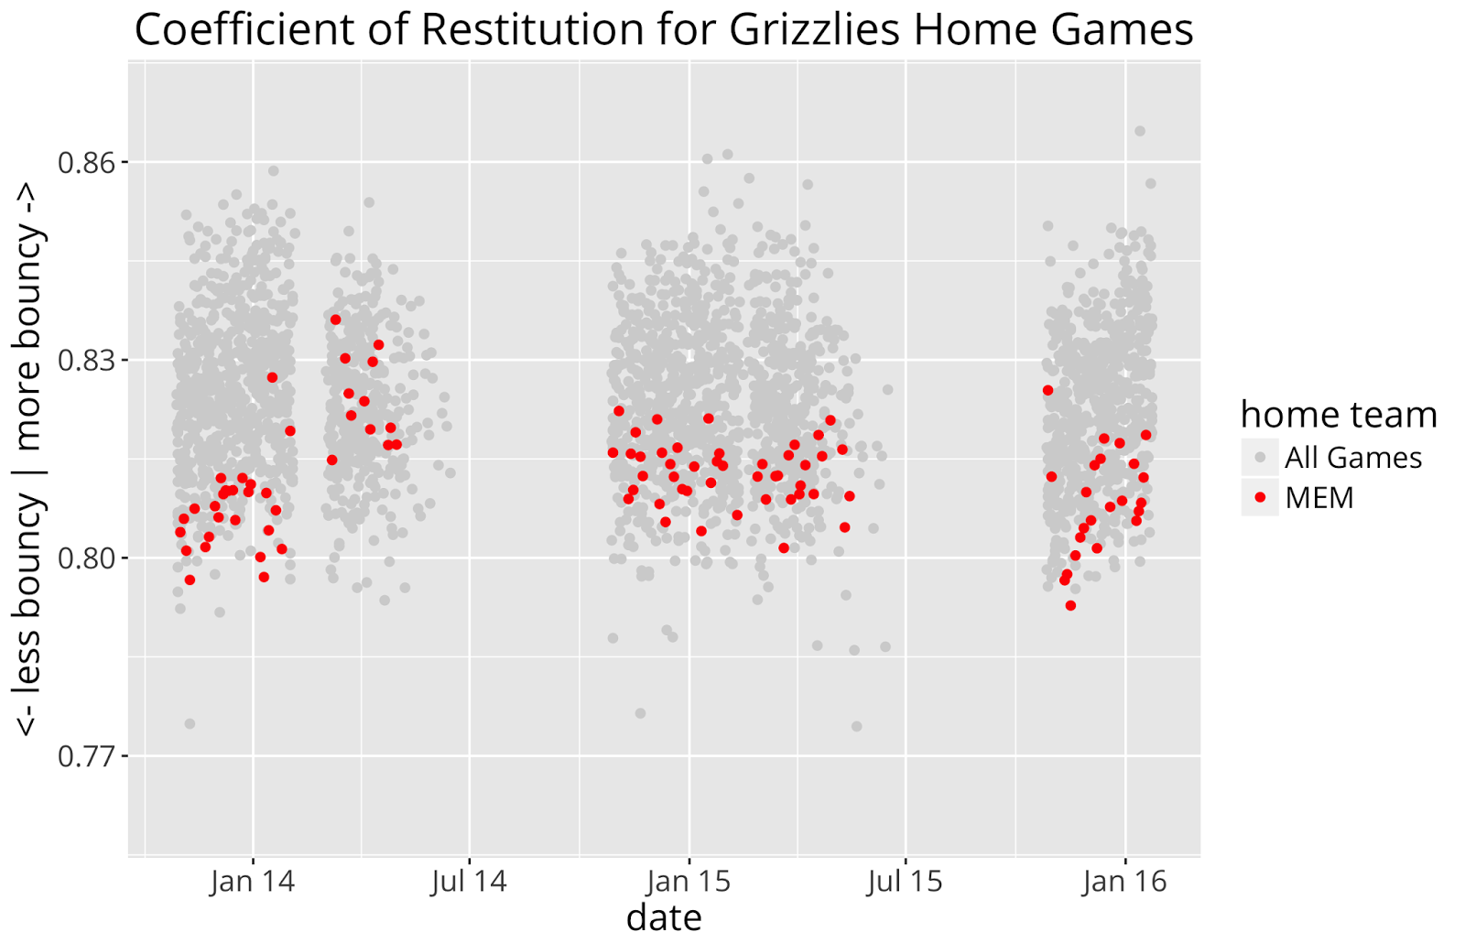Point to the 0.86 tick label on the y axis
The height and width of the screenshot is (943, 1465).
coord(89,163)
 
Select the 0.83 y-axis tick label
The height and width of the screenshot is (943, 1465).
coord(89,361)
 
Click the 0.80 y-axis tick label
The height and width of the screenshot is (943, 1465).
coord(89,558)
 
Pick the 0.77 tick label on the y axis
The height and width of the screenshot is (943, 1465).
coord(89,756)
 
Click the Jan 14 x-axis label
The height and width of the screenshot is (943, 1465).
coord(253,882)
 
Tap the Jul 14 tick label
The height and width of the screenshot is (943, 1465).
coord(469,882)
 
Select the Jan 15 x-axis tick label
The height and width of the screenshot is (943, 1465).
coord(689,882)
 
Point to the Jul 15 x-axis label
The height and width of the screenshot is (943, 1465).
coord(905,882)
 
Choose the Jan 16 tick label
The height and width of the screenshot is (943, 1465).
coord(1124,882)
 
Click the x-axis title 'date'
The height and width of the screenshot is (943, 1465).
coord(664,917)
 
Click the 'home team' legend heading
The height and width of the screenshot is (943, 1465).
coord(1339,415)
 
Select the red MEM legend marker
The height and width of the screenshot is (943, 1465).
coord(1260,497)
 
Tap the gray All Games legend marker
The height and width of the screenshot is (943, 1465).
coord(1260,457)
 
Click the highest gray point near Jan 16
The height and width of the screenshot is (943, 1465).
coord(1140,131)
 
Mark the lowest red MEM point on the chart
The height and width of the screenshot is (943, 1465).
coord(1070,605)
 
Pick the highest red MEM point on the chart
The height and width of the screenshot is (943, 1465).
coord(335,320)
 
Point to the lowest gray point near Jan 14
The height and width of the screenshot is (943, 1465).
coord(190,723)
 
